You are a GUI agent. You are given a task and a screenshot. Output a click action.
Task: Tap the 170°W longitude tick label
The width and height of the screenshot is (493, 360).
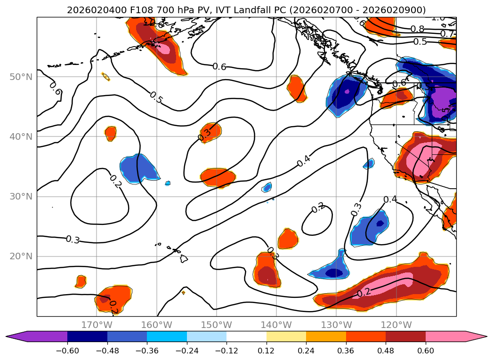[x=97, y=325]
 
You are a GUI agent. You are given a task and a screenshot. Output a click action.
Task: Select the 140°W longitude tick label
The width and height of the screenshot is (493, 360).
[x=276, y=325]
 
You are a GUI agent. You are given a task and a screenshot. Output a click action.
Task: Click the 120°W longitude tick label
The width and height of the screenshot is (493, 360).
[x=396, y=325]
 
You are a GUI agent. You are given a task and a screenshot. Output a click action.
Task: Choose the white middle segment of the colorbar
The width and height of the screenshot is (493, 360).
[x=246, y=336]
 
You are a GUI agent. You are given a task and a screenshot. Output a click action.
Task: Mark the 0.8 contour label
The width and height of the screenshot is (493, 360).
[x=417, y=29]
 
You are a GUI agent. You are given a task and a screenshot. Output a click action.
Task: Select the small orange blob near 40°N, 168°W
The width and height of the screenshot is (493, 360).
[x=111, y=133]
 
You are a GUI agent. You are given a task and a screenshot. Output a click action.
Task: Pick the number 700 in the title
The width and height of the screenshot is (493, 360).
[x=149, y=10]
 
